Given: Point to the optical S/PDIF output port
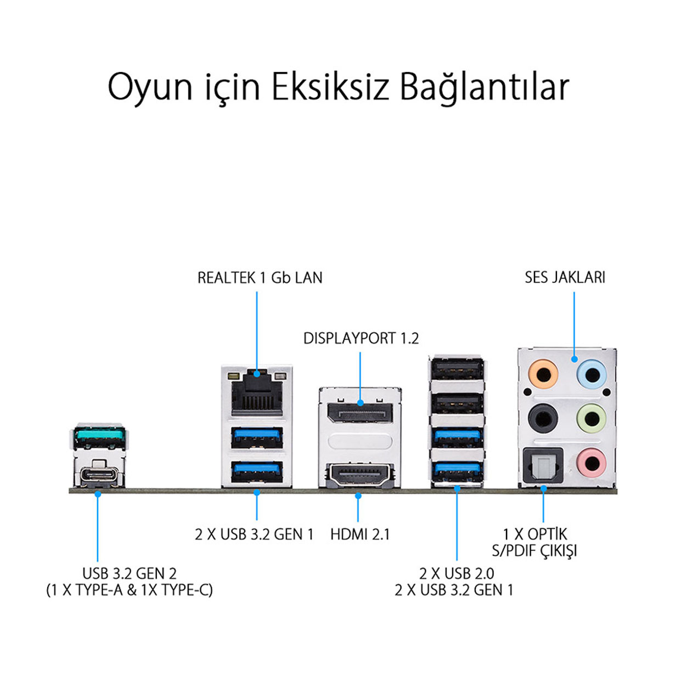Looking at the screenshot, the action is coord(543,465).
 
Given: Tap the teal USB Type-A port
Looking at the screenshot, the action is coord(99,438).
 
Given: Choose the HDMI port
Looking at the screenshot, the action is coord(360,474).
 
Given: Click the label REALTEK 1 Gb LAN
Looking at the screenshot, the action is coord(260,278).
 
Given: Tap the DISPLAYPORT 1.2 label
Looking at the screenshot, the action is coord(361,338).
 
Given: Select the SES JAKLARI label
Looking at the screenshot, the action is coord(565,277).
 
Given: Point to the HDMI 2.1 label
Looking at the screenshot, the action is coord(360,535).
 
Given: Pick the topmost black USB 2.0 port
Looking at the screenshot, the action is coord(458,369).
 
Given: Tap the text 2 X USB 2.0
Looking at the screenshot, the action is coord(457,573).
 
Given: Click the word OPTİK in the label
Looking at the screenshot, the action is coord(547,534).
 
